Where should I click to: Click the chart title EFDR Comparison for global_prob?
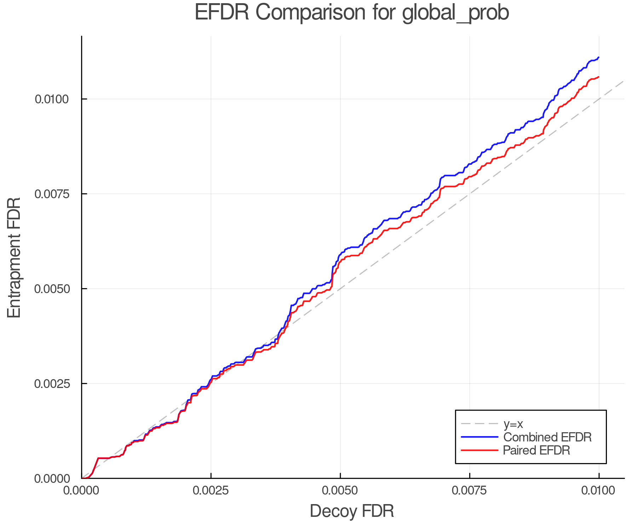point(352,12)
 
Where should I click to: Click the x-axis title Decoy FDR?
point(352,511)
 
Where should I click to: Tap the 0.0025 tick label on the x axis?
point(211,490)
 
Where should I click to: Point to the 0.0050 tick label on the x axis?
point(340,490)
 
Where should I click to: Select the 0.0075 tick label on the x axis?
point(470,490)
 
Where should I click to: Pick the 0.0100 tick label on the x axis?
point(599,490)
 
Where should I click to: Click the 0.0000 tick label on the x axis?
point(81,490)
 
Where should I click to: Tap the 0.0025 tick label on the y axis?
point(52,384)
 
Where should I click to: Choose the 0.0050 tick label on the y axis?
point(52,289)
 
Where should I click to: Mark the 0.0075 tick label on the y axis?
point(52,194)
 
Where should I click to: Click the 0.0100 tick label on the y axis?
point(52,99)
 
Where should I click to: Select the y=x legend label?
point(513,424)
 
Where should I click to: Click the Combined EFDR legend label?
point(547,437)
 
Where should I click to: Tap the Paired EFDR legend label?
point(536,450)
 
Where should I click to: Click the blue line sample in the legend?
point(480,437)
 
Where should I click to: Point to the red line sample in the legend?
point(480,450)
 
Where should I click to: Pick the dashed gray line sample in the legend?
point(480,424)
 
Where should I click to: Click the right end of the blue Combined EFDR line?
point(598,57)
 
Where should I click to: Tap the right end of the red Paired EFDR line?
point(598,77)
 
